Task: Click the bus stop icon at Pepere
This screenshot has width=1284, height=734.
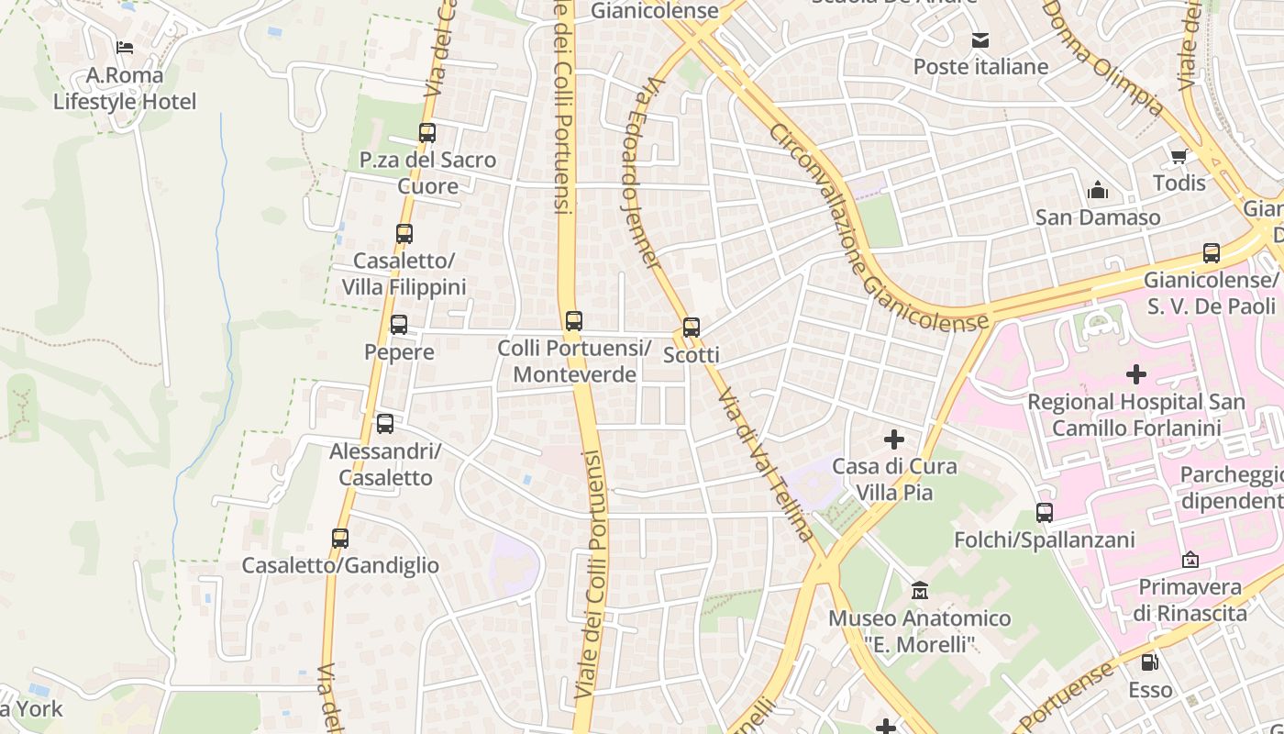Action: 399,324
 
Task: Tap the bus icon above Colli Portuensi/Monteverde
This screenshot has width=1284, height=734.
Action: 574,321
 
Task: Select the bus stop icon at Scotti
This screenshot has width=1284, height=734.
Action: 692,328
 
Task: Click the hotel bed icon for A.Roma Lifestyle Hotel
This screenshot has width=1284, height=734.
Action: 125,48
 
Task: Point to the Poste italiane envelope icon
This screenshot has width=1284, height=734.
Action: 980,40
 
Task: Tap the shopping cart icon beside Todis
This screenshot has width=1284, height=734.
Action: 1179,156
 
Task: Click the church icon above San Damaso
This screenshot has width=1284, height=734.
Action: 1098,191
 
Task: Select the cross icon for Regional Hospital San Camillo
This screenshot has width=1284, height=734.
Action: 1136,374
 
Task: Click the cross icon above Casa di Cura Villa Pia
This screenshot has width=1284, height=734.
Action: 893,439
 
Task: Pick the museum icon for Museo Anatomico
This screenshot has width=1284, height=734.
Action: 920,591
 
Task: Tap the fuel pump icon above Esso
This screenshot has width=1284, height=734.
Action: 1149,662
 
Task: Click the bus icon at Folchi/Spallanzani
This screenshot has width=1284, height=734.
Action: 1045,513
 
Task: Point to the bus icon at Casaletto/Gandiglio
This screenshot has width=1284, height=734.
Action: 340,539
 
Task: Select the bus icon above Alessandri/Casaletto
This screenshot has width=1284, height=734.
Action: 385,424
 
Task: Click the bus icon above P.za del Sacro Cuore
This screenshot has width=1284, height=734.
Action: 427,132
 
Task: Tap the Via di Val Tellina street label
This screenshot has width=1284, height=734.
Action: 766,464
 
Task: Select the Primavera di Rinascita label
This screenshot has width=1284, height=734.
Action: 1190,600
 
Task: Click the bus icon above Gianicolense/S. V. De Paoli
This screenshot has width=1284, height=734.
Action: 1212,253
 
